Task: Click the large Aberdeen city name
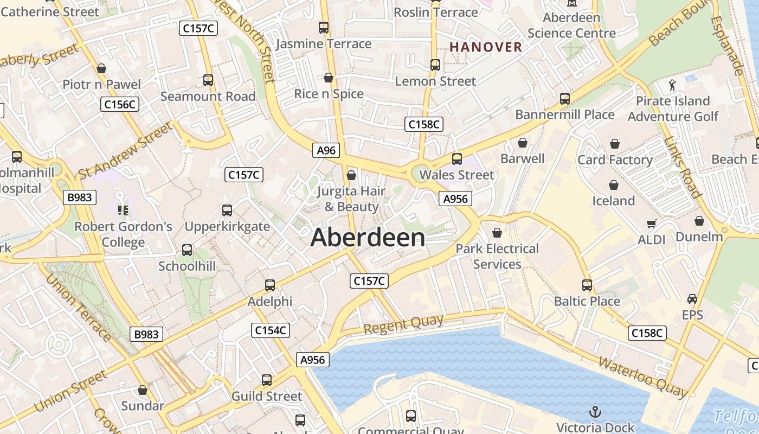click(x=368, y=238)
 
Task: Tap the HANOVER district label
click(x=486, y=47)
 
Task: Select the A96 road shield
click(x=326, y=150)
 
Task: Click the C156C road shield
click(x=120, y=104)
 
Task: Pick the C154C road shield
click(x=271, y=330)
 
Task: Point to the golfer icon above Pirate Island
click(x=673, y=85)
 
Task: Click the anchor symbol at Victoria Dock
click(x=595, y=412)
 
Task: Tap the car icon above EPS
click(x=692, y=299)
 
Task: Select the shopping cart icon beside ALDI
click(x=651, y=224)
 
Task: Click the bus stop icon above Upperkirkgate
click(x=227, y=210)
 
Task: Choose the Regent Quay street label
click(x=403, y=324)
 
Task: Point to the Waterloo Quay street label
click(x=642, y=376)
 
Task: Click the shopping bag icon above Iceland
click(x=614, y=185)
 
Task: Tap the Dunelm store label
click(x=699, y=237)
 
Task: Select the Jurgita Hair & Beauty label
click(x=351, y=199)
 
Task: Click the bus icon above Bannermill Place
click(x=565, y=99)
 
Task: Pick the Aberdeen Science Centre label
click(x=571, y=25)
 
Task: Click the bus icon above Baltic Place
click(x=587, y=285)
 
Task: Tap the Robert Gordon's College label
click(x=123, y=234)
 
